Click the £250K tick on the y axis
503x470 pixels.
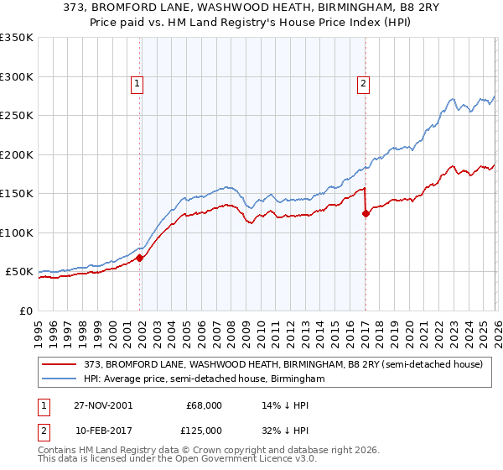(17, 116)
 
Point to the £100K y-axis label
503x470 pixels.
(17, 232)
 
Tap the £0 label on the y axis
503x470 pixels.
(25, 311)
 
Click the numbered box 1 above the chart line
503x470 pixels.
(136, 83)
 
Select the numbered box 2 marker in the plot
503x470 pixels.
(363, 83)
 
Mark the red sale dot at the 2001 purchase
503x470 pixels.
(140, 258)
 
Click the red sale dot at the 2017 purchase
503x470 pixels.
(366, 214)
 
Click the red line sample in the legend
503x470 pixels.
(60, 364)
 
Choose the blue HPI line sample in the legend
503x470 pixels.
(60, 379)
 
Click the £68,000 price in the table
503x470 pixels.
(204, 405)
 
